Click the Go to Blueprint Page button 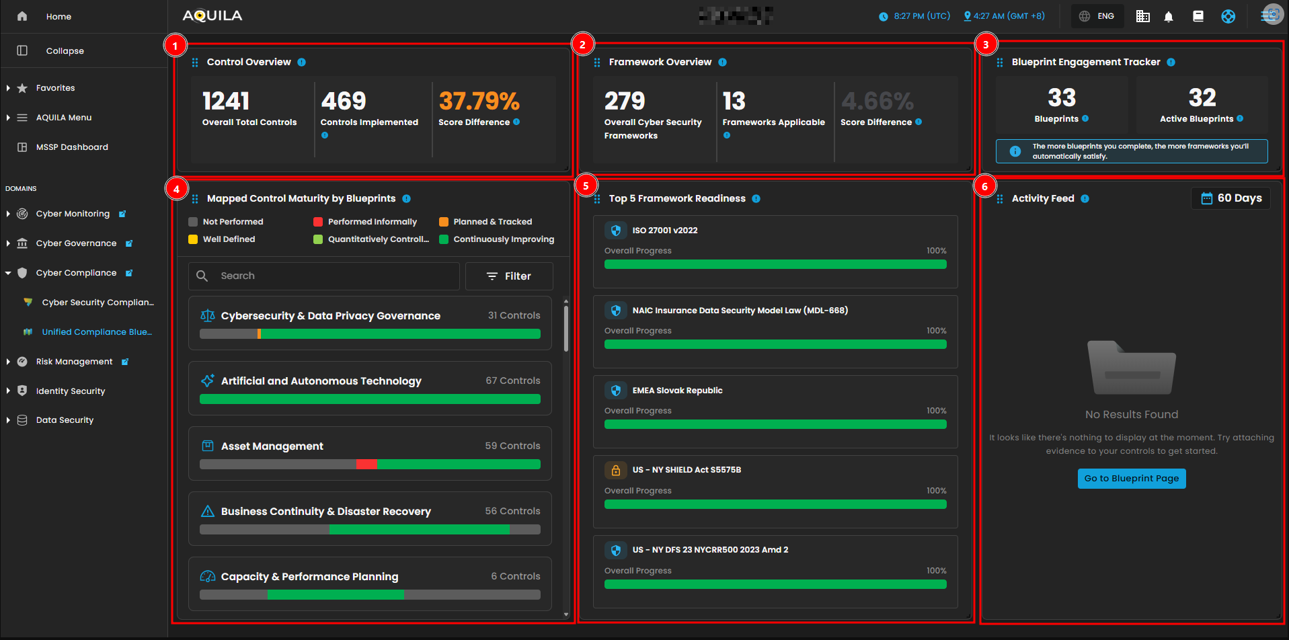(1131, 479)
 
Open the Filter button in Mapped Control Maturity (509, 276)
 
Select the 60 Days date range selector (1231, 198)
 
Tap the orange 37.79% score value (479, 102)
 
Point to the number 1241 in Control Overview (226, 102)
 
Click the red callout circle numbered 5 (586, 186)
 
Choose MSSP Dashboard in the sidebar (72, 147)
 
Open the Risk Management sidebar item (74, 362)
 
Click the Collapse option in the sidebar (65, 51)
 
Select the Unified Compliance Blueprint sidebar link (96, 332)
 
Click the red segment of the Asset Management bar (366, 465)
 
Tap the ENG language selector (1097, 16)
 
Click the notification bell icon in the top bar (1169, 17)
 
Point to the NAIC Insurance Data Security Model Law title (740, 311)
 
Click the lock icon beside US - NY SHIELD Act (615, 470)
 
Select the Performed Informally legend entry (372, 222)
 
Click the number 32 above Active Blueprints (1202, 98)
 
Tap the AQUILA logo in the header (212, 16)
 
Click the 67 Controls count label (512, 381)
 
